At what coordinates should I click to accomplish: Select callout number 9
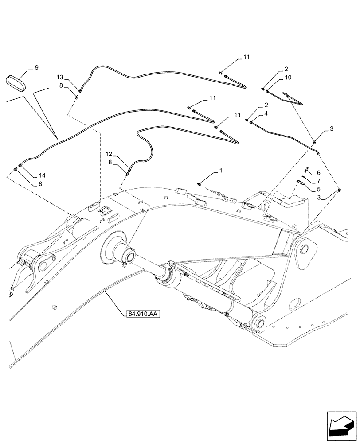(36, 67)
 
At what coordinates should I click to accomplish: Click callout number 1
(221, 170)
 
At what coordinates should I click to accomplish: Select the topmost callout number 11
(246, 58)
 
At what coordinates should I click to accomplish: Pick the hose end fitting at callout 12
(129, 168)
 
